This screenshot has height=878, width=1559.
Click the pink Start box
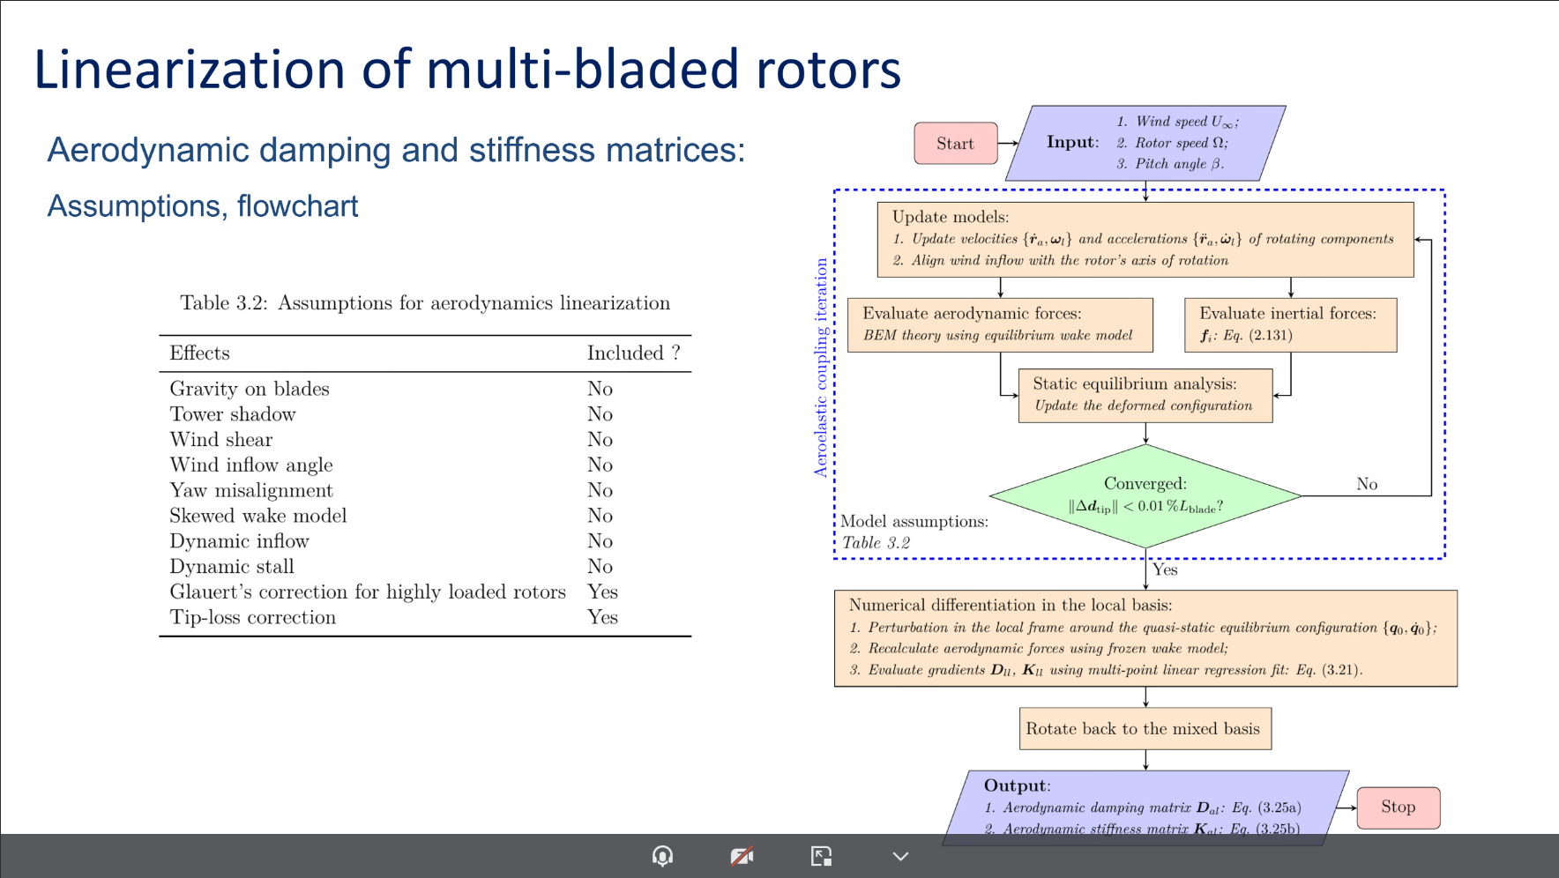point(955,144)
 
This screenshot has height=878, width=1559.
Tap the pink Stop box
point(1398,807)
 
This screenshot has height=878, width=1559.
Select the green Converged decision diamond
point(1145,495)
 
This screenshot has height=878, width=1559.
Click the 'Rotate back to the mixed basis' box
point(1145,729)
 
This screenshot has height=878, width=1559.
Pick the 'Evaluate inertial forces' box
point(1290,324)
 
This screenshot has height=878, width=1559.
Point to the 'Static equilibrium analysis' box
point(1145,395)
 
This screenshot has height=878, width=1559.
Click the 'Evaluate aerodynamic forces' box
point(999,324)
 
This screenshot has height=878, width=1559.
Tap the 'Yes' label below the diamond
point(1165,569)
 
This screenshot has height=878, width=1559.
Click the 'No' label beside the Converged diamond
point(1367,484)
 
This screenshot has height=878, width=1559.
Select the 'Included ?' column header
point(633,353)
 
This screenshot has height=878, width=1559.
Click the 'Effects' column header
point(199,353)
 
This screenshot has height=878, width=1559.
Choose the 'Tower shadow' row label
point(233,414)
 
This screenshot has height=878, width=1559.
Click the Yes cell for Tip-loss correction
point(602,617)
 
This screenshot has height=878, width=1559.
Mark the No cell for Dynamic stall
point(600,566)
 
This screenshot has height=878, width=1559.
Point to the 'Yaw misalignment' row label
point(251,490)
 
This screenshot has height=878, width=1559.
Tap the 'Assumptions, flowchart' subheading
point(203,206)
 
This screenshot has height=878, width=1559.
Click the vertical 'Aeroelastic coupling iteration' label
point(821,368)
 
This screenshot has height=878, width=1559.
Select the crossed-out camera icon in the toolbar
point(742,856)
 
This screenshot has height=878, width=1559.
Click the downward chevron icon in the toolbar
point(900,856)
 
